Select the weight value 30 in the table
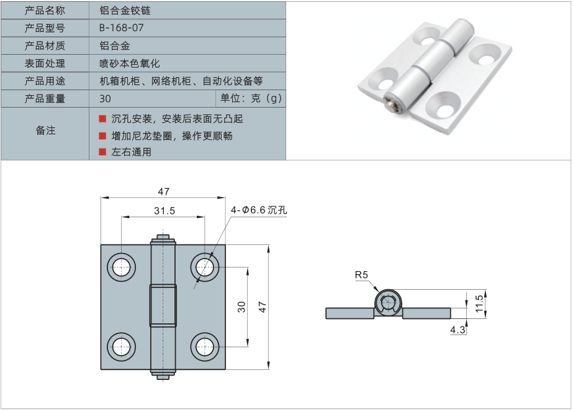coord(105,99)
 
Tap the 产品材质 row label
coord(45,45)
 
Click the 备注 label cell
coord(45,131)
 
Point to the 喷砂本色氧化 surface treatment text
coord(130,63)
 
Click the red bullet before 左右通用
coord(102,152)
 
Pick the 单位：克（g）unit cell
coord(251,98)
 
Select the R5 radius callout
coord(361,275)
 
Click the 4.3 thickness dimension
coord(458,330)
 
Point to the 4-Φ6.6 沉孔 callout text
coord(259,210)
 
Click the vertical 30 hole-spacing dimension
coord(241,305)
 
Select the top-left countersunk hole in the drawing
coord(121,266)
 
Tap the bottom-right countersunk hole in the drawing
coord(204,346)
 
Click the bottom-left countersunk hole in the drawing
coord(121,346)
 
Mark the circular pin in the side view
coord(388,304)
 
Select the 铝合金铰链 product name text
coord(125,11)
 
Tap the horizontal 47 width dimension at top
coord(163,192)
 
